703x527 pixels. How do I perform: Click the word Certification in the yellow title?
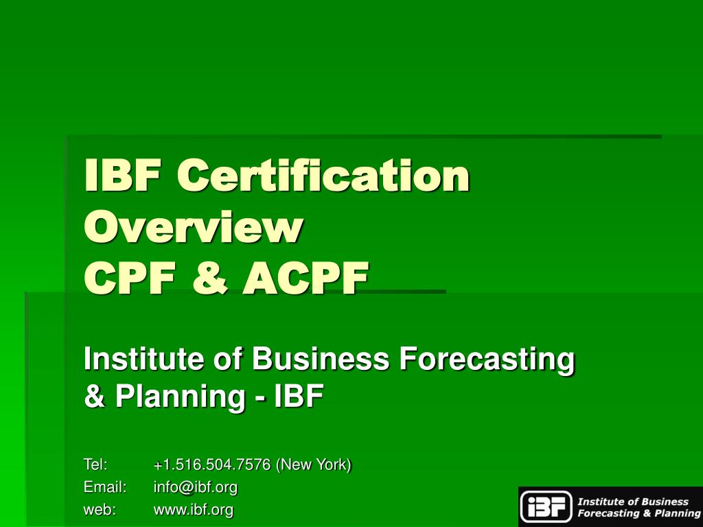(323, 175)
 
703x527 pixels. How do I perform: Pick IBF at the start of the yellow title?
(122, 175)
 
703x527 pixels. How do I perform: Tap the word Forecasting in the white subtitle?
(487, 361)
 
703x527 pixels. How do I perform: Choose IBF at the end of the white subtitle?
(299, 396)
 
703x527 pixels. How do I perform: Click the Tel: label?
(95, 465)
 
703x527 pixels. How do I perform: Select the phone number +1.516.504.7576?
(212, 465)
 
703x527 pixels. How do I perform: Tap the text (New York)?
(313, 465)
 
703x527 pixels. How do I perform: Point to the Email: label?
(105, 487)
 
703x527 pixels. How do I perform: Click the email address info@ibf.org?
(196, 488)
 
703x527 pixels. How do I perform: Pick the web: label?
(100, 510)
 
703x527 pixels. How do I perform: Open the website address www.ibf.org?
(193, 511)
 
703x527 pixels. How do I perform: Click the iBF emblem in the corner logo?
(546, 507)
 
